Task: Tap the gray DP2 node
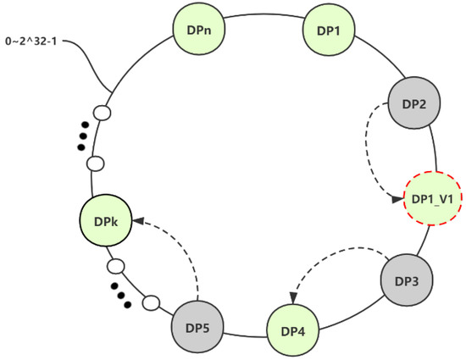point(413,103)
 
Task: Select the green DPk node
point(106,223)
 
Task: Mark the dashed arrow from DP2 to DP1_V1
point(373,152)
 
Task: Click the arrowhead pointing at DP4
point(292,297)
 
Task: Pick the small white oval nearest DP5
point(152,301)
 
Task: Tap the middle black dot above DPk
point(82,137)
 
